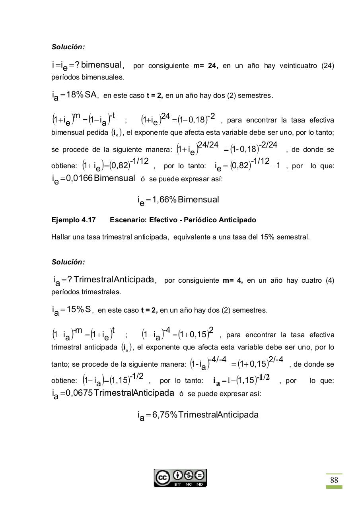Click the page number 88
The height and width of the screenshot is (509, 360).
tap(334, 480)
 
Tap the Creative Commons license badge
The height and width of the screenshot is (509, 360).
tap(180, 478)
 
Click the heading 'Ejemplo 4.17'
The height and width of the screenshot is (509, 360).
tap(74, 220)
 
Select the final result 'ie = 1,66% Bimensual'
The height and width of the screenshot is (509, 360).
tap(178, 200)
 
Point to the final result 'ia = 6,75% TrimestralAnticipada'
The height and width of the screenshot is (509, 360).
tap(198, 415)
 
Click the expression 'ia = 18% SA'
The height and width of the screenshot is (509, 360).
tap(75, 95)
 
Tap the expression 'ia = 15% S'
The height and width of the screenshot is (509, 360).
tap(72, 310)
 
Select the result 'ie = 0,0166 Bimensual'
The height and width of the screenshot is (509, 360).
tap(93, 179)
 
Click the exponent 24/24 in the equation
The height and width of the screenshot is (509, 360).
tap(208, 145)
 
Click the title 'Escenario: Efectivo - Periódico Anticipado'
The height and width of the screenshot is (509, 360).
tap(183, 220)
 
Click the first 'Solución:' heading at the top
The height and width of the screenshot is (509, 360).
tap(68, 47)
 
